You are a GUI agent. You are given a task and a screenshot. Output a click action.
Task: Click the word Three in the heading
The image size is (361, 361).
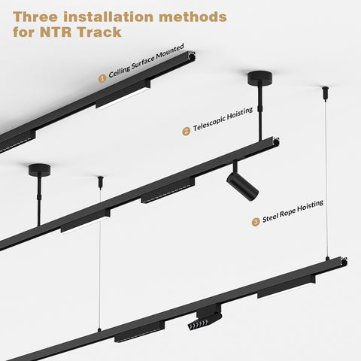point(35,17)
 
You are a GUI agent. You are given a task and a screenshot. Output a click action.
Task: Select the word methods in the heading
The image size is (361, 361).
point(193,17)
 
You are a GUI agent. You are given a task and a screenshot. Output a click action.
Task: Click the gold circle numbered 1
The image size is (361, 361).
point(102,78)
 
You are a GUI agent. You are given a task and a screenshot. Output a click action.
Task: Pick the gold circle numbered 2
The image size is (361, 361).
point(186,131)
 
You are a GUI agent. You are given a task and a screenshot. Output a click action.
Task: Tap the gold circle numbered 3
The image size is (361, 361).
point(256,222)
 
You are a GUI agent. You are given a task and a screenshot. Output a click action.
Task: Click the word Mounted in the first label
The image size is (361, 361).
point(170,52)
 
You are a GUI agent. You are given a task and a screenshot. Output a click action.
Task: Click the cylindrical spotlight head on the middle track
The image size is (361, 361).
point(242,187)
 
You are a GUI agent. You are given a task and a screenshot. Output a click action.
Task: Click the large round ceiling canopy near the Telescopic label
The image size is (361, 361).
point(260,78)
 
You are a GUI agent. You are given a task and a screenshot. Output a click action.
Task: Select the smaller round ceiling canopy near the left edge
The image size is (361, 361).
point(39,170)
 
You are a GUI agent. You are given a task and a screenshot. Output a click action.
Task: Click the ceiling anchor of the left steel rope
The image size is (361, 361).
point(101,182)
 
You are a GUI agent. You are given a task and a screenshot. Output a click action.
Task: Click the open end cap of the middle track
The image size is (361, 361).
point(276,141)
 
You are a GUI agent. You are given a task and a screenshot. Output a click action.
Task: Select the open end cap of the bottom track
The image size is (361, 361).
point(344,262)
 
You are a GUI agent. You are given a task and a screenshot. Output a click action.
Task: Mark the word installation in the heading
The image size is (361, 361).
point(108,17)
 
